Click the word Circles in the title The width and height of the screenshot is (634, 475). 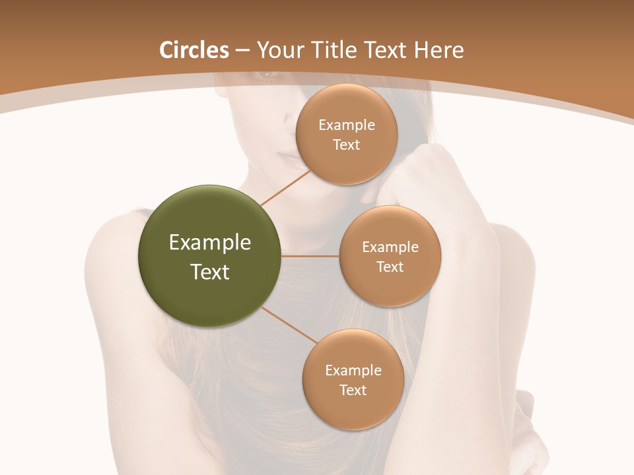click(194, 49)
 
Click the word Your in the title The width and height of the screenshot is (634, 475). click(279, 51)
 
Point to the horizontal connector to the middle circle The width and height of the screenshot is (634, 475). click(310, 256)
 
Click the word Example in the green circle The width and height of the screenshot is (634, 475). click(210, 243)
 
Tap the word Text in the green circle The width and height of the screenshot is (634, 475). click(210, 272)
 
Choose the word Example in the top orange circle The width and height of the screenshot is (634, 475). click(346, 125)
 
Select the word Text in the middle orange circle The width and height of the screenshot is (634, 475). click(390, 267)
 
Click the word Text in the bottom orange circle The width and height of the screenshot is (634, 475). click(353, 390)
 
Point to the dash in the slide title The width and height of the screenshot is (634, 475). click(242, 50)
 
